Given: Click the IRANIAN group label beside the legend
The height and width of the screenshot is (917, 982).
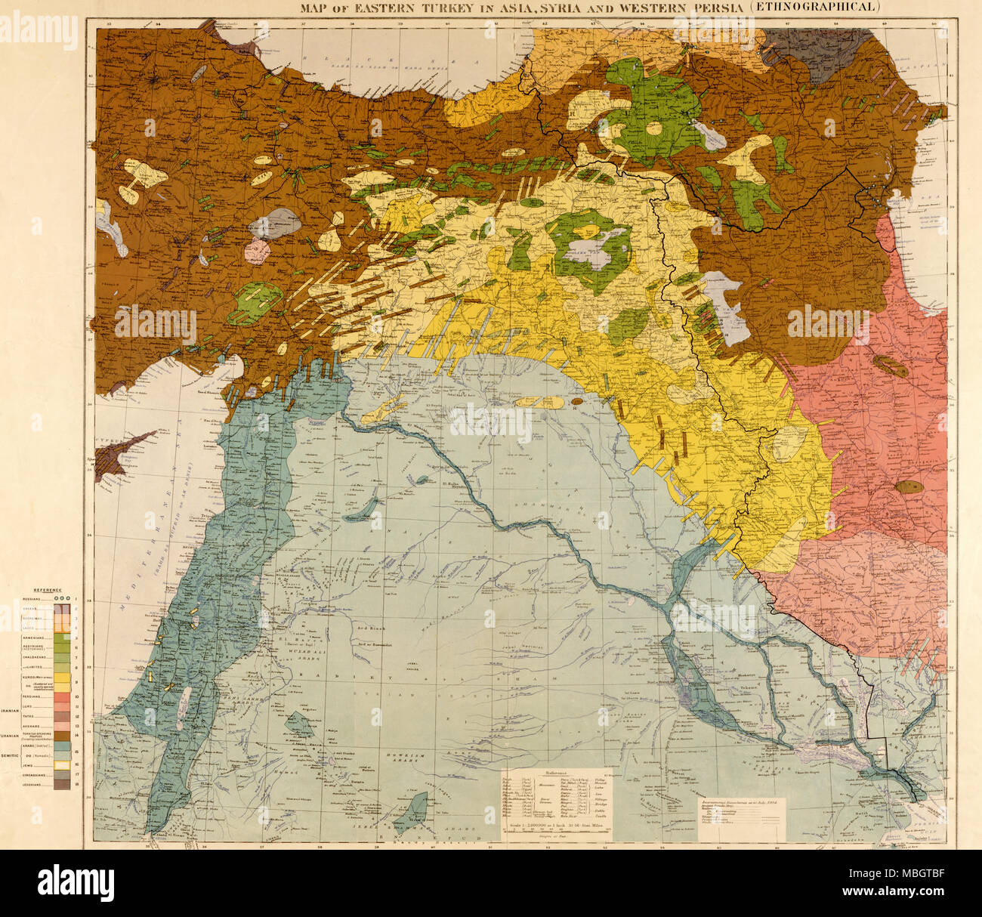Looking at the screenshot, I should (9, 711).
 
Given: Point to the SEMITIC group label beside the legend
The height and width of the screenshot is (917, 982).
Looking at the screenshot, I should (9, 755).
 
